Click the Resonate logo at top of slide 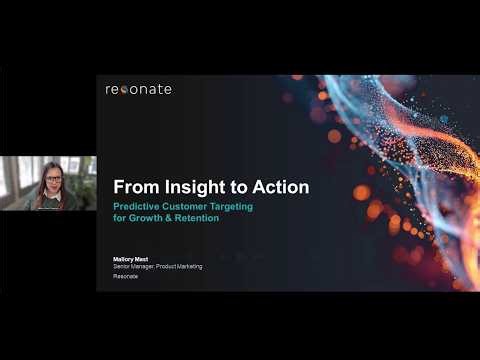tap(138, 89)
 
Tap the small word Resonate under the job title tap(125, 276)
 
